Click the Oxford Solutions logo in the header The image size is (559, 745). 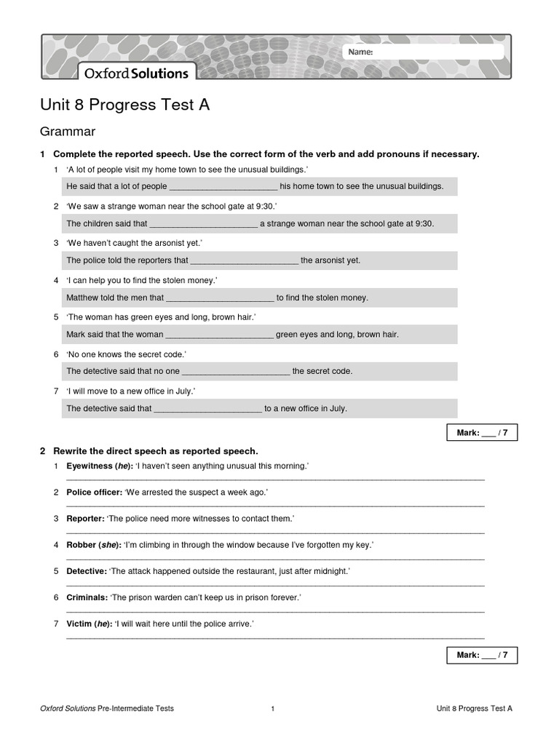click(x=136, y=73)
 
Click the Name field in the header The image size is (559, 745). click(x=423, y=52)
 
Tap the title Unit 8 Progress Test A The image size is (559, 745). click(x=124, y=105)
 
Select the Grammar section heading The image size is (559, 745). click(x=68, y=132)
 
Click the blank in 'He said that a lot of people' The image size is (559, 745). click(x=223, y=187)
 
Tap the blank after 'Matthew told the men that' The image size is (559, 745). click(x=220, y=298)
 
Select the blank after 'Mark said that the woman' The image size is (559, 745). click(x=220, y=335)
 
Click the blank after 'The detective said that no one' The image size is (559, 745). click(x=236, y=372)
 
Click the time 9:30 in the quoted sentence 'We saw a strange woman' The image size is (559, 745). click(x=263, y=206)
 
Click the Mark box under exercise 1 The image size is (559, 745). click(x=481, y=433)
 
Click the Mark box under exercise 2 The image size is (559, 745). click(x=481, y=655)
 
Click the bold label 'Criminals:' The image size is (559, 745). click(x=87, y=597)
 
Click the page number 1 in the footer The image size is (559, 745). click(x=272, y=709)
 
